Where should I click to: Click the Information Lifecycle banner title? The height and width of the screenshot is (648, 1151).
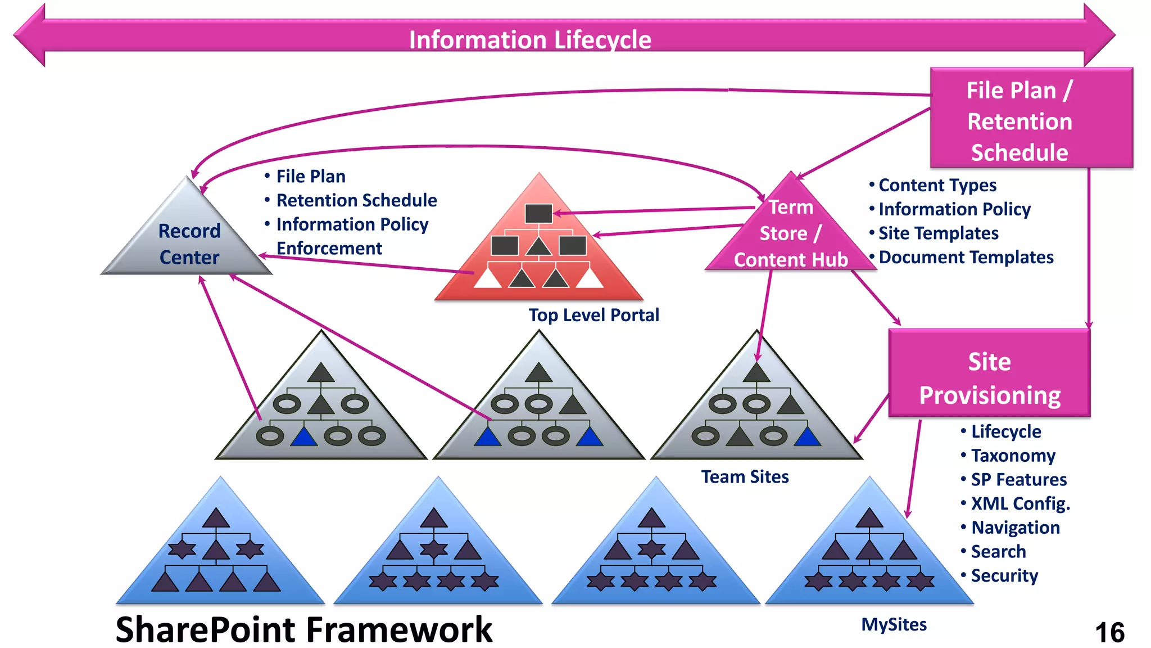pos(530,39)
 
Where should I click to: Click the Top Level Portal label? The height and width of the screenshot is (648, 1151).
pos(593,315)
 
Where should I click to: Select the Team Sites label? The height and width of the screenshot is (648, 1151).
pos(745,477)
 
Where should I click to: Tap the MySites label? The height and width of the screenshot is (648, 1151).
pos(894,624)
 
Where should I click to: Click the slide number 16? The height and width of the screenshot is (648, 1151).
pos(1109,632)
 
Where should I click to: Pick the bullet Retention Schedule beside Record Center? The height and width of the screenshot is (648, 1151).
pos(356,200)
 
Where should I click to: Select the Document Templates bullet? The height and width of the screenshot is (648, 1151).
pos(966,257)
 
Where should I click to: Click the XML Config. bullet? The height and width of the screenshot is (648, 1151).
pos(1020,503)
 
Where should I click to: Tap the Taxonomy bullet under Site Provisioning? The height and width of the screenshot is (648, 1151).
pos(1013,456)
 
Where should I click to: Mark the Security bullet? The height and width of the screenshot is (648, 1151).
pos(1004,575)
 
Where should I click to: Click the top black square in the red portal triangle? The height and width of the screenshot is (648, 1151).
pos(538,213)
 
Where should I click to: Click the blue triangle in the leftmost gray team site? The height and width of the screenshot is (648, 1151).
pos(304,437)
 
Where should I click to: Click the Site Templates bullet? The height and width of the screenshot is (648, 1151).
pos(938,233)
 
